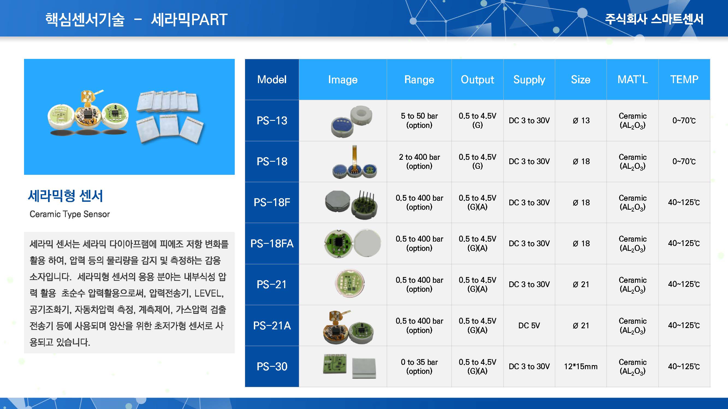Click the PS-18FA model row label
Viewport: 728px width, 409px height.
click(272, 243)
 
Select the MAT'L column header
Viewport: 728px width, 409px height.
click(632, 79)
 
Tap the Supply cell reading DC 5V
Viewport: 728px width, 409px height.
click(529, 326)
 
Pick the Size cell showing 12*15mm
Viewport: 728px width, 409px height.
click(581, 366)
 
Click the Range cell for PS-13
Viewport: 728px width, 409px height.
click(419, 121)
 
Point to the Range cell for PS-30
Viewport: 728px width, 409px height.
click(419, 366)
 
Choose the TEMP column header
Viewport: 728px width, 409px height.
click(684, 79)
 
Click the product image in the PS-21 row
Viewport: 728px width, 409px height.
click(350, 283)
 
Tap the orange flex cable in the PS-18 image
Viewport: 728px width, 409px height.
click(355, 157)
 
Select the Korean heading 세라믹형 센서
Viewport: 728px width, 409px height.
click(65, 196)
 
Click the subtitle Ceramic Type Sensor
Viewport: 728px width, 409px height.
click(70, 214)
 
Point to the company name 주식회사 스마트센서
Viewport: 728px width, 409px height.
click(654, 19)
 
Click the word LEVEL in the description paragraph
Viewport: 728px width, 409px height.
click(209, 293)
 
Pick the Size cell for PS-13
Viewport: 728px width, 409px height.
click(581, 121)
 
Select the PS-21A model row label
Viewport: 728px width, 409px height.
click(272, 326)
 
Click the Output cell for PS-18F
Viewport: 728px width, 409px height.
click(477, 202)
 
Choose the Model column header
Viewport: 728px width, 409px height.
click(272, 79)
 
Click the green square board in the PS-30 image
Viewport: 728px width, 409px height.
click(335, 364)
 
